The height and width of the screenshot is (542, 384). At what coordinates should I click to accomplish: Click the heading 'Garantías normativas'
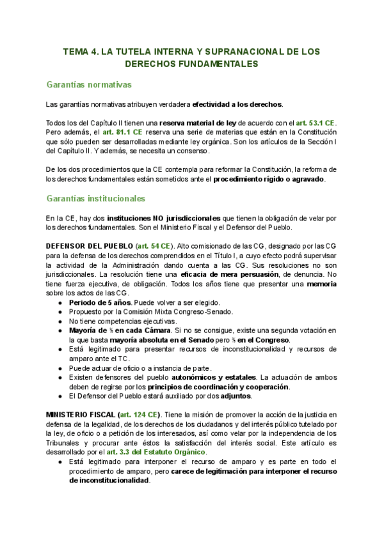pyautogui.click(x=89, y=84)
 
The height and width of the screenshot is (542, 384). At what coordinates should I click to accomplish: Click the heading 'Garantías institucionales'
pyautogui.click(x=96, y=199)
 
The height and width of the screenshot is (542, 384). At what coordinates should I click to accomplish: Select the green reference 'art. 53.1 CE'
pyautogui.click(x=314, y=123)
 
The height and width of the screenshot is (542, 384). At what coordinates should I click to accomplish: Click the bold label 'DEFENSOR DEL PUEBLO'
pyautogui.click(x=88, y=245)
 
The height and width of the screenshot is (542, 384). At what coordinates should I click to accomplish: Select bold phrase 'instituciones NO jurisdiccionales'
pyautogui.click(x=166, y=218)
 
